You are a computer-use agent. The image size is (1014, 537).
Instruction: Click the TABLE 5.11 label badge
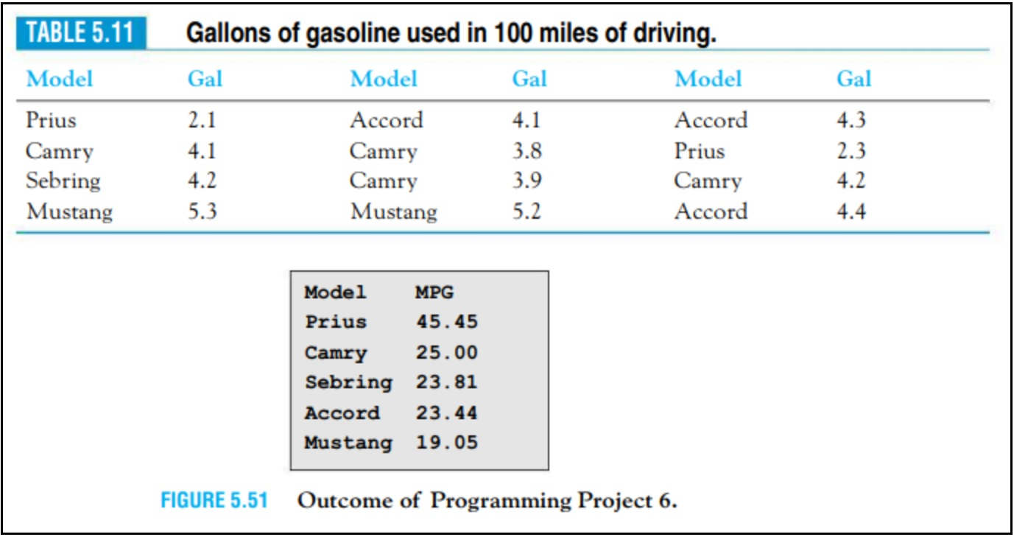tap(81, 34)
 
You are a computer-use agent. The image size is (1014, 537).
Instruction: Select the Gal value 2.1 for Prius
tap(202, 120)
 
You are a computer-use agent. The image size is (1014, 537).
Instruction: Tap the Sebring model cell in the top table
tap(63, 181)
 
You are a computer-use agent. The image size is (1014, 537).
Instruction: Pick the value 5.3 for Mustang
tap(202, 212)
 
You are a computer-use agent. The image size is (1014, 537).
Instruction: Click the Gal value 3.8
tap(527, 151)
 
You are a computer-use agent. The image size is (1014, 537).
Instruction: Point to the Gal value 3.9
tap(527, 181)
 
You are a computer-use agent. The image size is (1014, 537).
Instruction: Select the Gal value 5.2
tap(527, 212)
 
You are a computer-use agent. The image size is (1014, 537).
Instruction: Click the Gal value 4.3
tap(851, 120)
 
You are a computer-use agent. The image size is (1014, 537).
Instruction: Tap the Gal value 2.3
tap(851, 151)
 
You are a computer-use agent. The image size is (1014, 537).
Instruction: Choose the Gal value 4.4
tap(851, 212)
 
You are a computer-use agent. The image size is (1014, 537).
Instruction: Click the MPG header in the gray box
tap(434, 292)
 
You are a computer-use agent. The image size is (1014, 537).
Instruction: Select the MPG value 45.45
tap(446, 322)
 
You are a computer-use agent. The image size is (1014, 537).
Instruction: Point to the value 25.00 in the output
tap(446, 353)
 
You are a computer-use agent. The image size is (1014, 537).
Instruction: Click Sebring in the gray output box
tap(348, 382)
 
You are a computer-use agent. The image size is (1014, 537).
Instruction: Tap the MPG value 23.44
tap(446, 413)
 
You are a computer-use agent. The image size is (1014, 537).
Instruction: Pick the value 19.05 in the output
tap(446, 443)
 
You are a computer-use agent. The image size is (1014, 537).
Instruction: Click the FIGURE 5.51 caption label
tap(214, 501)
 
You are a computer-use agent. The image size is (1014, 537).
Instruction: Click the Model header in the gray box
tap(335, 292)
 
